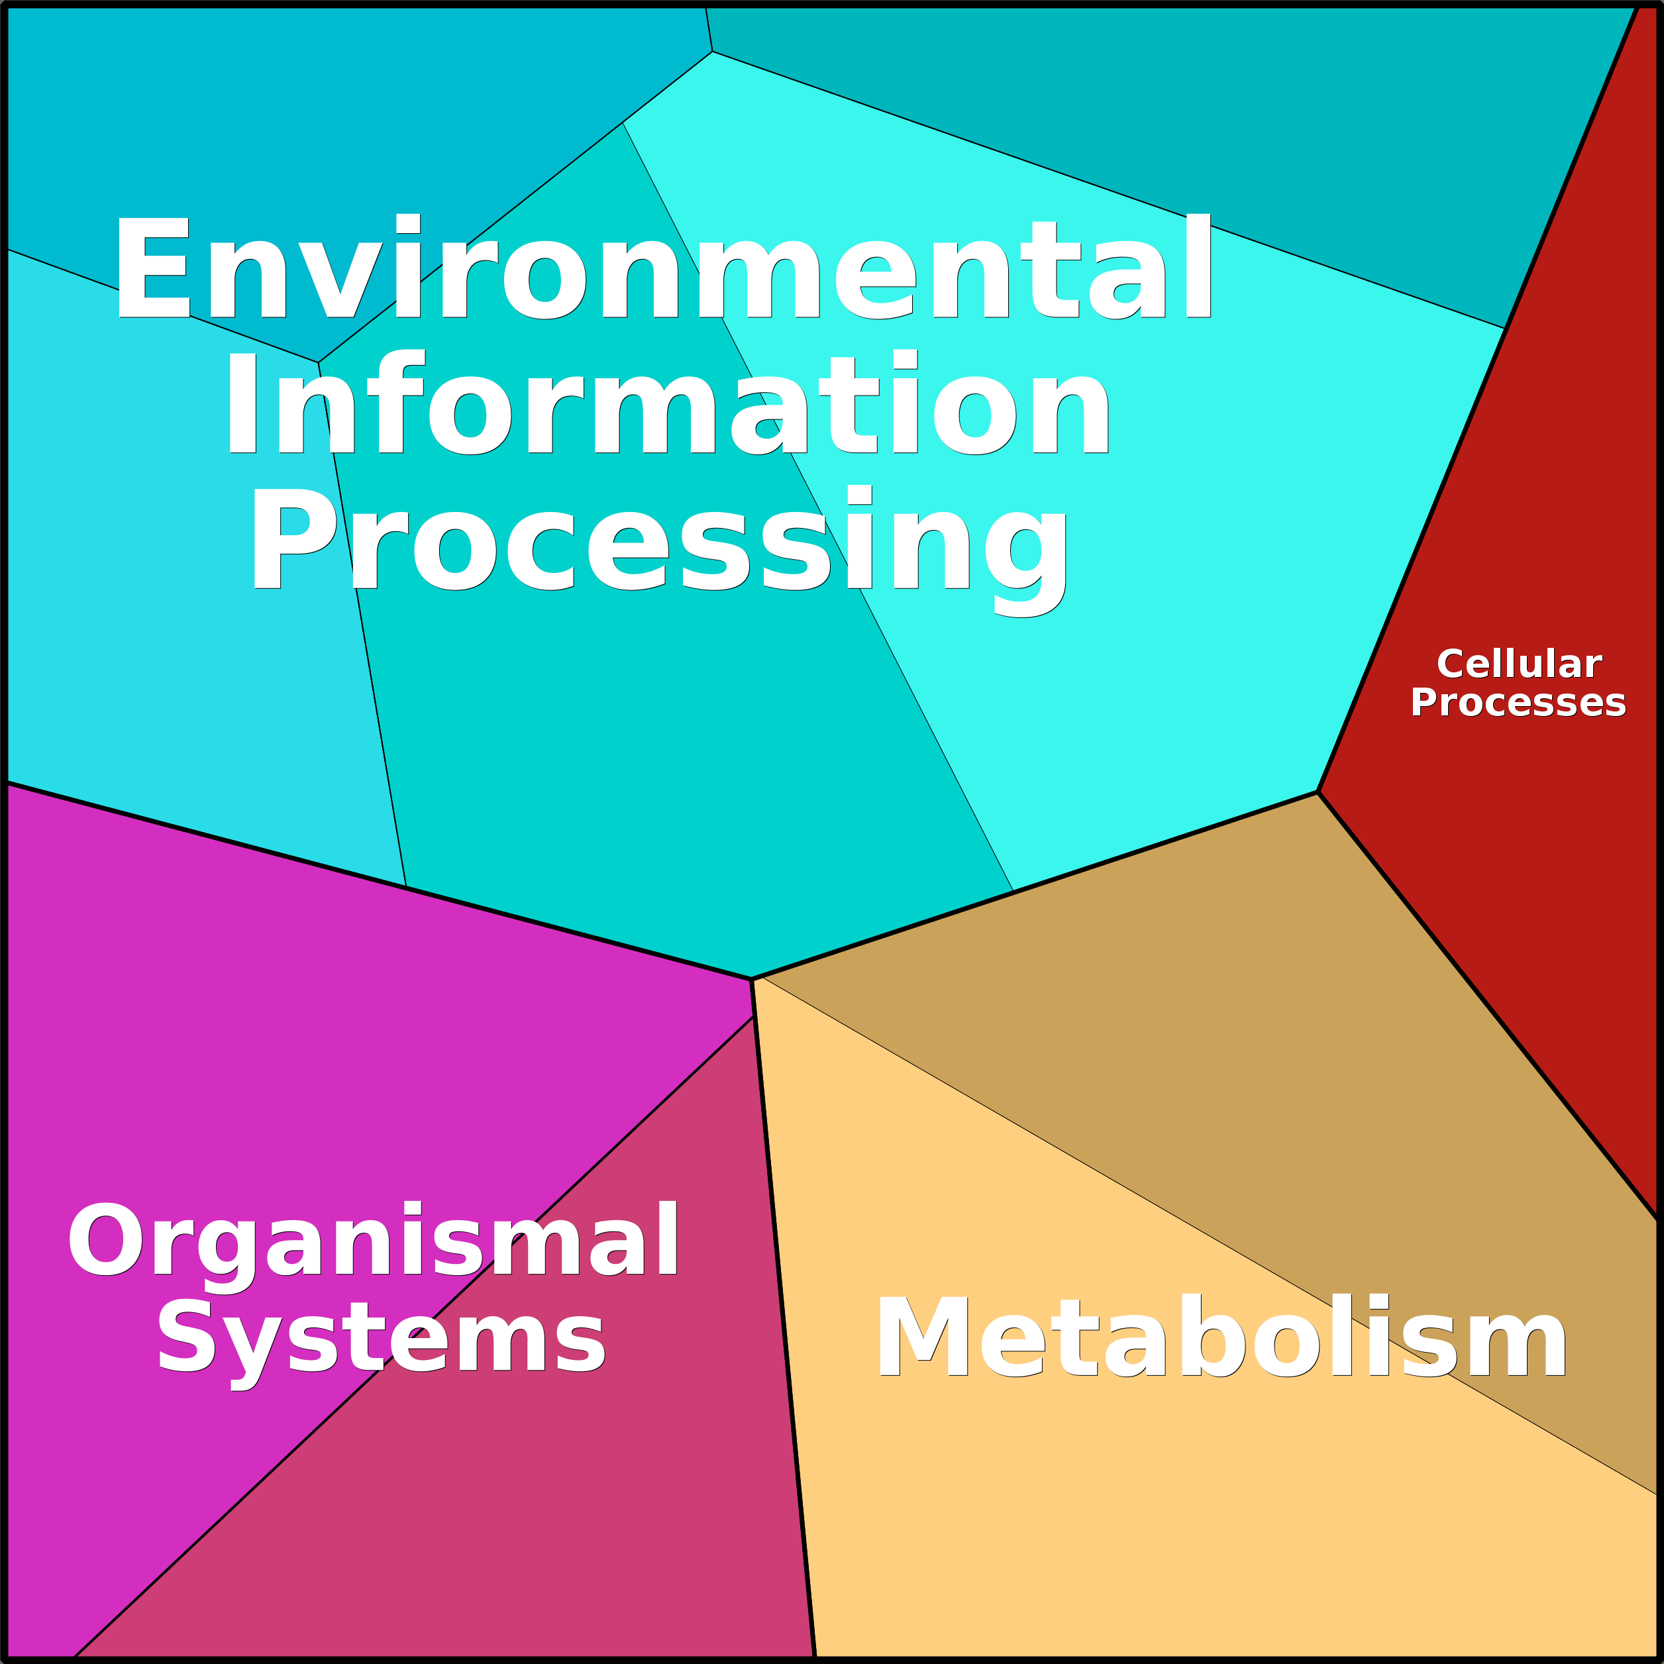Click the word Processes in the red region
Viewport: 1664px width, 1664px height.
click(1518, 703)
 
